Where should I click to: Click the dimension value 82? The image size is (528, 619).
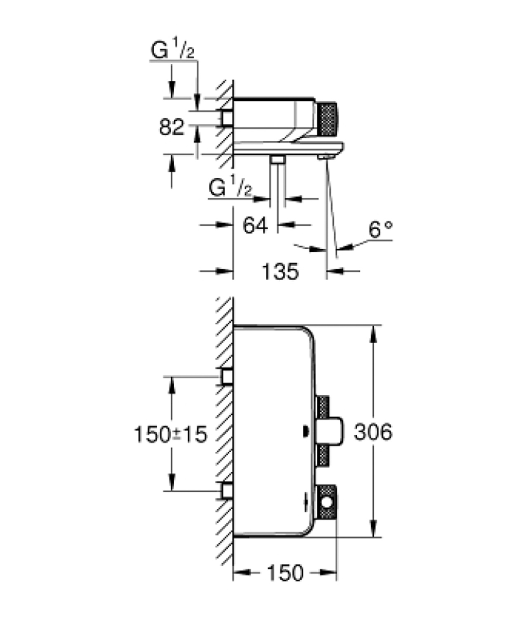click(171, 127)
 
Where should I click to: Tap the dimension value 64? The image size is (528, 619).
click(255, 225)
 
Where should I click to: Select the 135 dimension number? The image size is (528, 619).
click(280, 272)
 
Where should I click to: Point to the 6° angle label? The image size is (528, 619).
click(380, 229)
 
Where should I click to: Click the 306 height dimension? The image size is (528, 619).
click(373, 432)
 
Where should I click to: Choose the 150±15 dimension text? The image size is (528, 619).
click(170, 434)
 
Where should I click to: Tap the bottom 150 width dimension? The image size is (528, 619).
click(285, 573)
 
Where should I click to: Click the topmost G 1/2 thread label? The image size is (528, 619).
click(172, 50)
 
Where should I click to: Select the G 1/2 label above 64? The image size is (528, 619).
click(230, 188)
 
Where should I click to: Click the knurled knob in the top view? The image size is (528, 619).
click(328, 120)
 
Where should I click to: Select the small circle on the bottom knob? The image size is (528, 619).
click(327, 503)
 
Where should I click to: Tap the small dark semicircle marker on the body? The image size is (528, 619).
click(306, 432)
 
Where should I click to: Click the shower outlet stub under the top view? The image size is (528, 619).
click(278, 160)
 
